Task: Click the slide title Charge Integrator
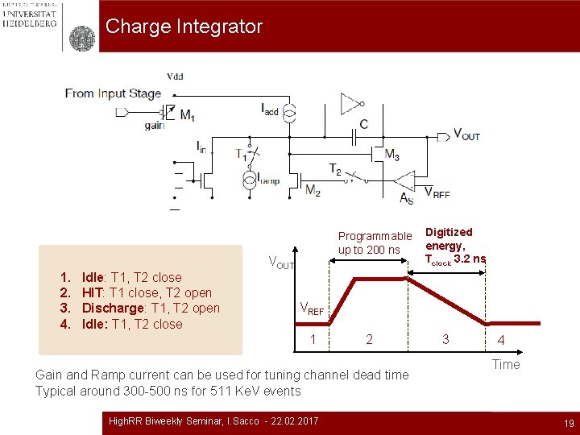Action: coord(184,27)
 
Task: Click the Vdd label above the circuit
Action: coord(174,77)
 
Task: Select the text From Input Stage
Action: coord(114,93)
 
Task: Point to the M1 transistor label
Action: coord(187,116)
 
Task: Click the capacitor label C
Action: coord(364,125)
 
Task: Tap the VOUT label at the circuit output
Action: coord(466,135)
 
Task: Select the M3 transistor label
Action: coord(391,155)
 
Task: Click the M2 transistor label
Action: coord(313,190)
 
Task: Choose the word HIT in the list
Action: coord(92,293)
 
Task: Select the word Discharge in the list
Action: coord(114,309)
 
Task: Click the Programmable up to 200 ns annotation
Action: coord(375,242)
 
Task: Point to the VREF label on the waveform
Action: coord(312,308)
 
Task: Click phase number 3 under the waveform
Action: coord(445,339)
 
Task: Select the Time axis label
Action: coord(506,365)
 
